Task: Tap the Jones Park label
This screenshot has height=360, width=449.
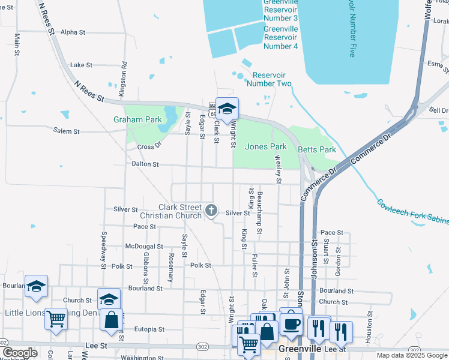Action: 266,146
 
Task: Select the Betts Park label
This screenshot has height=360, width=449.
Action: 319,149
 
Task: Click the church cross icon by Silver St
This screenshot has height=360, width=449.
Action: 211,210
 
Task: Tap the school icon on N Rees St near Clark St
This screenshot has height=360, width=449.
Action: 227,109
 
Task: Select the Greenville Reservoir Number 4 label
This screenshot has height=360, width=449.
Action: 280,37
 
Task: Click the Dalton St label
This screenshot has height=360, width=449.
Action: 146,164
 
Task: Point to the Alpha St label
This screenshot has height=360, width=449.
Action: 74,32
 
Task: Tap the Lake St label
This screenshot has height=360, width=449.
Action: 81,65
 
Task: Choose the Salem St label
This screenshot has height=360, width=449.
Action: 66,131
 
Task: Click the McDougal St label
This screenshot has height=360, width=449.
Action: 144,246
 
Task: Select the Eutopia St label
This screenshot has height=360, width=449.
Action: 149,329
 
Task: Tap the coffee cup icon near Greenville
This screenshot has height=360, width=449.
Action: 292,324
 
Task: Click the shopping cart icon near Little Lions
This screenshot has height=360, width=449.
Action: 56,319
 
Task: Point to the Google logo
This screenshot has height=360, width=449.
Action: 19,353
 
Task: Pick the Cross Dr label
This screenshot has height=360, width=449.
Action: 150,146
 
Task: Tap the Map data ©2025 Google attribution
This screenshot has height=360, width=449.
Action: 412,355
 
